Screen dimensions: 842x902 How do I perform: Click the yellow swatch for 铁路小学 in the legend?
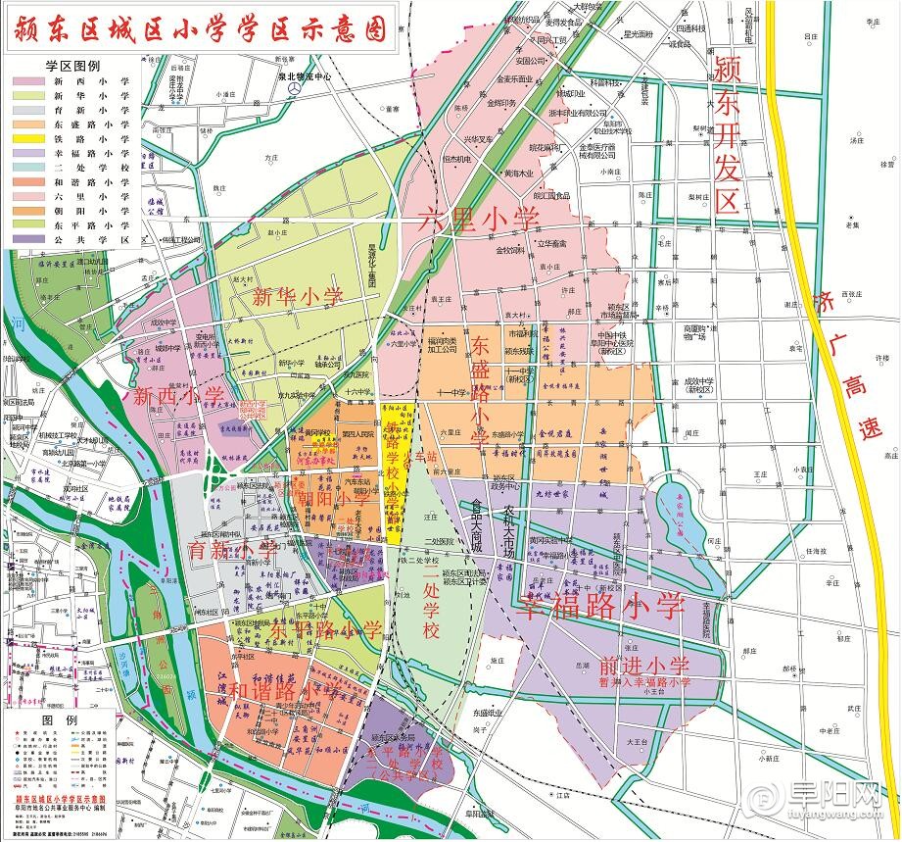29,139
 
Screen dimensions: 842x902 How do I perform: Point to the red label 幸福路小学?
599,605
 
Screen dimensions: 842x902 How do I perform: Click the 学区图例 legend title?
72,65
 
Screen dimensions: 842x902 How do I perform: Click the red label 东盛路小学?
479,392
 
